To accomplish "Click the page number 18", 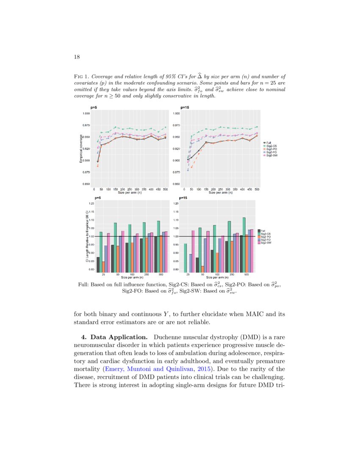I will tap(77, 57).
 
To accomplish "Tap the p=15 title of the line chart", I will tap(185, 108).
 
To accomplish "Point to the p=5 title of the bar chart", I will tap(97, 198).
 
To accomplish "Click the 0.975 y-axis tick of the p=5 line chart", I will tap(86, 125).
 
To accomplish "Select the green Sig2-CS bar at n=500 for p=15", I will tap(244, 244).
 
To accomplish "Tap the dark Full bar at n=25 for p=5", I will tap(98, 264).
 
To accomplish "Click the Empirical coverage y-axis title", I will tap(80, 148).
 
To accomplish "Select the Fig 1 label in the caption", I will tap(81, 77).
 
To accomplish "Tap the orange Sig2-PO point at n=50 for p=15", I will tap(192, 167).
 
